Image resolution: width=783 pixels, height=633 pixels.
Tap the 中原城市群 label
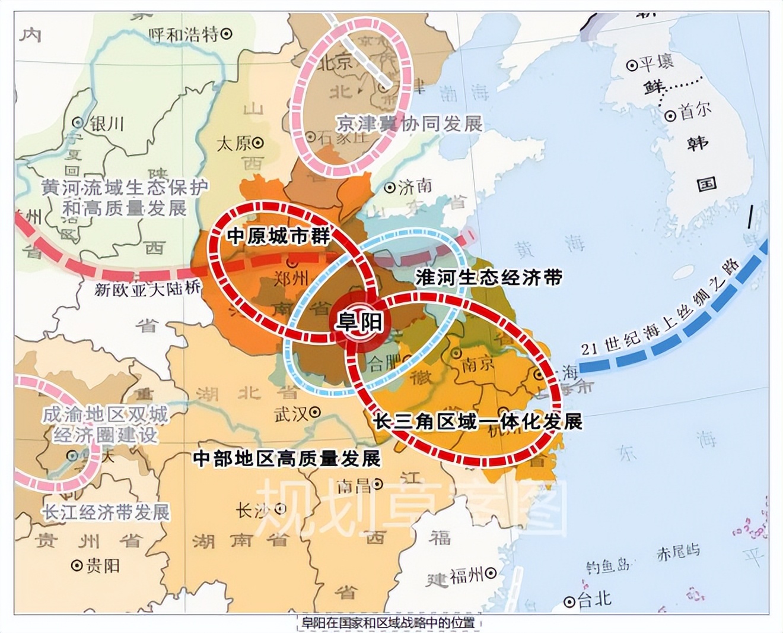pos(278,236)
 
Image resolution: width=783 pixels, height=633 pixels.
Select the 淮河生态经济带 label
pos(488,277)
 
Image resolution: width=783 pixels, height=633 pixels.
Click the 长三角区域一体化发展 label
pos(478,421)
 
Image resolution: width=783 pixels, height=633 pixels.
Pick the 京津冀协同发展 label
pos(409,124)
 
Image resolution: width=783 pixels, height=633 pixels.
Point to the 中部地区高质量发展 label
pos(287,458)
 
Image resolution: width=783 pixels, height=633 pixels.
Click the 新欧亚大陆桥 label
pos(148,289)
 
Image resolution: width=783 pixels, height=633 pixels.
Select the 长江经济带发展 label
pos(106,512)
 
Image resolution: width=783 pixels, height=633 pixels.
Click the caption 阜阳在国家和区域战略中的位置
pos(389,623)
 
